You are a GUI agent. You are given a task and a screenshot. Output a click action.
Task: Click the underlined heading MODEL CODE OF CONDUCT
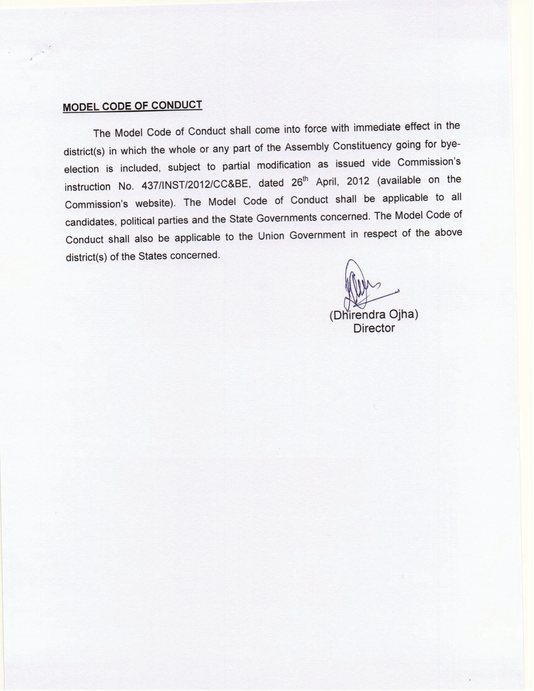pos(132,106)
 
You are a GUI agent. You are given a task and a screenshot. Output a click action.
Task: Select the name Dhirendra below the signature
pos(357,315)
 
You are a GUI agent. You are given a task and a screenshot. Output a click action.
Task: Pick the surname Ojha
pos(403,314)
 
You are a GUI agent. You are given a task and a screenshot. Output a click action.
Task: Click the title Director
pos(374,328)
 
